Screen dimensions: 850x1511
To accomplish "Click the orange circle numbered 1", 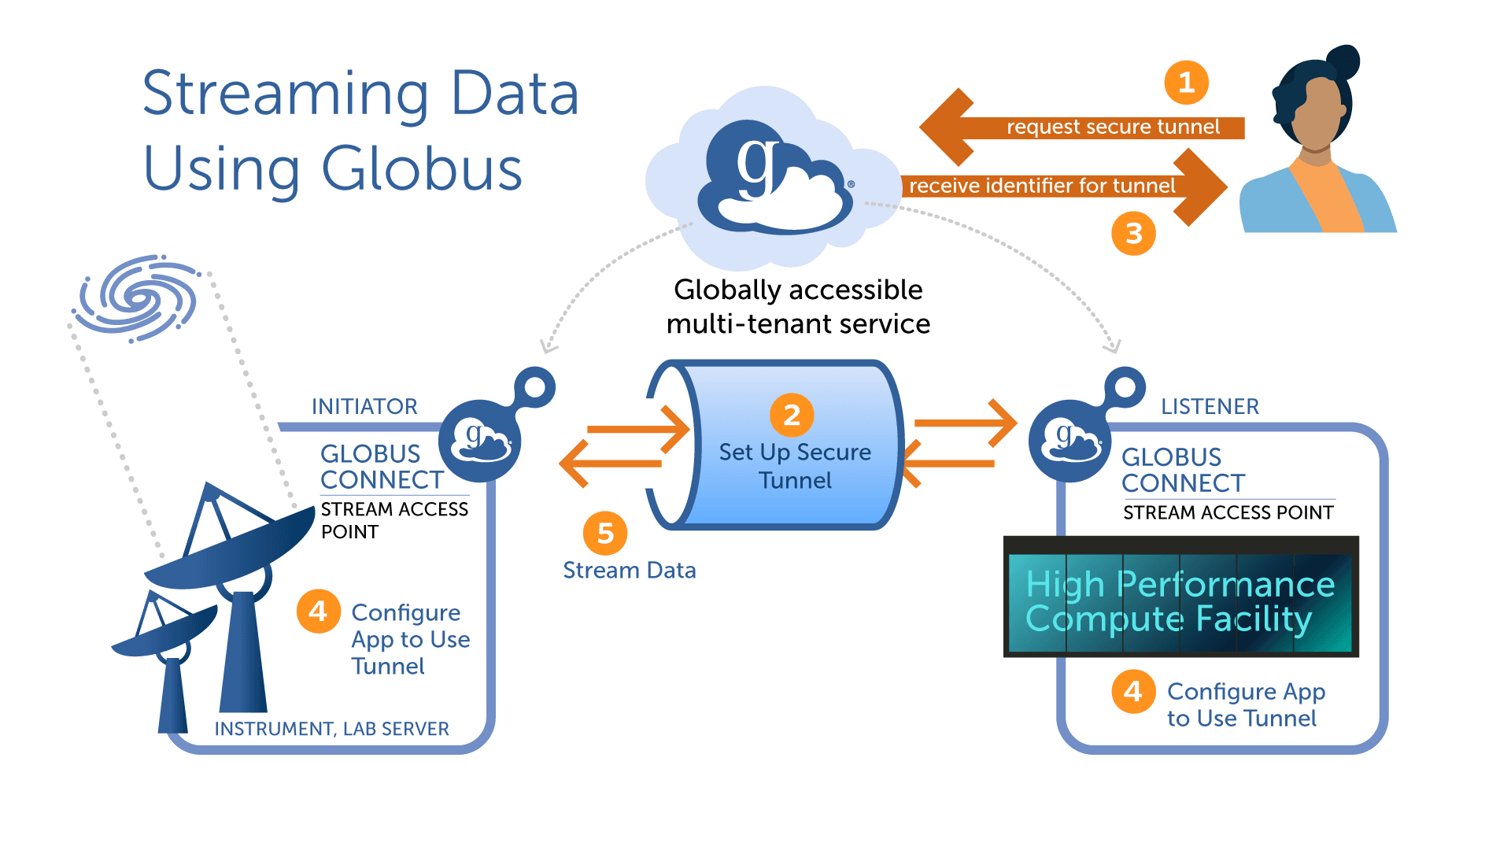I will (1186, 83).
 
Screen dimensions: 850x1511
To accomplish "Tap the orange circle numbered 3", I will (1133, 233).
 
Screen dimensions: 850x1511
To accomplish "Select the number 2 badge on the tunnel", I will (792, 415).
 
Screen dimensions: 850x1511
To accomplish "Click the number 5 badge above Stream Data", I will (604, 533).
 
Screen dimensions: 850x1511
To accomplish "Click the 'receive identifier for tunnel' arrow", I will (1055, 186).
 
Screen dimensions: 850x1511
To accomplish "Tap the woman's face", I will (1316, 114).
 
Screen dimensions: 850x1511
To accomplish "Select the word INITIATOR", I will (364, 406).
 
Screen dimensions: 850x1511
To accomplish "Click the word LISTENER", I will (1210, 406).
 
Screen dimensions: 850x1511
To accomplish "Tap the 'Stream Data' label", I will (629, 570).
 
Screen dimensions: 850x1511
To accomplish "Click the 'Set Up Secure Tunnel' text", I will (795, 466).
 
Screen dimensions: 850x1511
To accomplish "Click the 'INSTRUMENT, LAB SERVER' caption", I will (331, 729).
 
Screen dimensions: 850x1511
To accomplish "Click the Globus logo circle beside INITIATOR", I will (479, 441).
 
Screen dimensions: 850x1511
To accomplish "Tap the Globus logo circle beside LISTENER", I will (1070, 441).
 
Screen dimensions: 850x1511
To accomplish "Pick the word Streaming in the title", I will (286, 94).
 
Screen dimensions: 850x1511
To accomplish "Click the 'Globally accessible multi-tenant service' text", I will (798, 307).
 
